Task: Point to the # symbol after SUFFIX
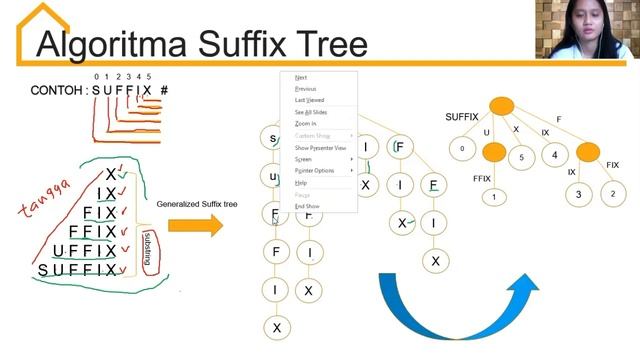click(x=164, y=91)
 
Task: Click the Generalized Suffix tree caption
click(x=197, y=204)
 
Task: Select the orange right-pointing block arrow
click(x=195, y=226)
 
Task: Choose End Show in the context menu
click(x=306, y=206)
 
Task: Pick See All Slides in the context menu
click(x=310, y=112)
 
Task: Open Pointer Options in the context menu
click(x=315, y=171)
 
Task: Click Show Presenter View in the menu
click(x=320, y=147)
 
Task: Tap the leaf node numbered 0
click(x=462, y=150)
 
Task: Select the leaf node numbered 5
click(x=521, y=157)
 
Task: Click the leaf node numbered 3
click(x=579, y=194)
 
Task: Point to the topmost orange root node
click(x=501, y=105)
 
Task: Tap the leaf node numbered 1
click(x=494, y=197)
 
